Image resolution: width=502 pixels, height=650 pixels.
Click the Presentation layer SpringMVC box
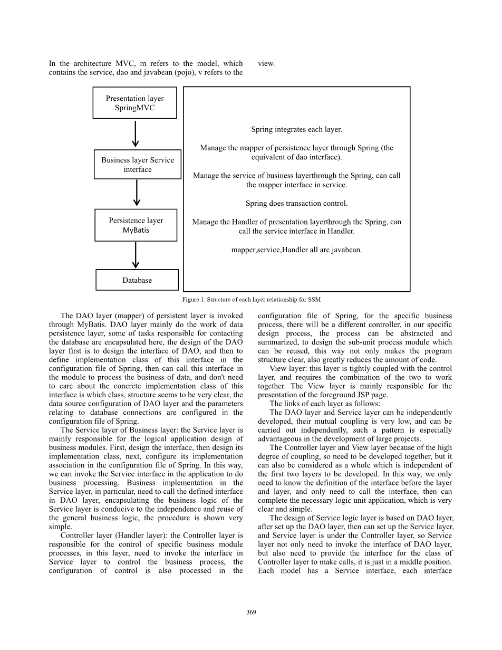point(134,103)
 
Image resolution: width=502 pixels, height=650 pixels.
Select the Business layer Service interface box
point(137,165)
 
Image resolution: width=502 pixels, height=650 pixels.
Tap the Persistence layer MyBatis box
point(136,225)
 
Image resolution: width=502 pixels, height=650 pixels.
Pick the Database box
point(137,280)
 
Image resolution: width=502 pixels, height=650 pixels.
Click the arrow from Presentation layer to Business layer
point(136,134)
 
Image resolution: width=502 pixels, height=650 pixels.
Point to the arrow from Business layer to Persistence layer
point(137,194)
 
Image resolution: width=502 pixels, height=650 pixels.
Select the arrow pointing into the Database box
point(136,255)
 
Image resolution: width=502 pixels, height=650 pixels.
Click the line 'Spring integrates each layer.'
point(296,129)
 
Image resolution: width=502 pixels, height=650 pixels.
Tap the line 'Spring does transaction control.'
point(296,203)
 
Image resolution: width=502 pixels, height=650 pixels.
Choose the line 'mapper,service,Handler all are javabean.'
point(296,250)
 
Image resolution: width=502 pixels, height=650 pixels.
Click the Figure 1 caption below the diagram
point(251,300)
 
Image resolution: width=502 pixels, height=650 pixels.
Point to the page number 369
point(251,612)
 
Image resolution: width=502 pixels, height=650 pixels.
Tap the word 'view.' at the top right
point(266,64)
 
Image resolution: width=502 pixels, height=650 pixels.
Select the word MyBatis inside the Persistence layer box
point(136,231)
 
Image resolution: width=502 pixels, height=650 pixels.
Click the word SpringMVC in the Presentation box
point(134,108)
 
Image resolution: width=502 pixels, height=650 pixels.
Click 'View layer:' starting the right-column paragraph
point(288,369)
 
